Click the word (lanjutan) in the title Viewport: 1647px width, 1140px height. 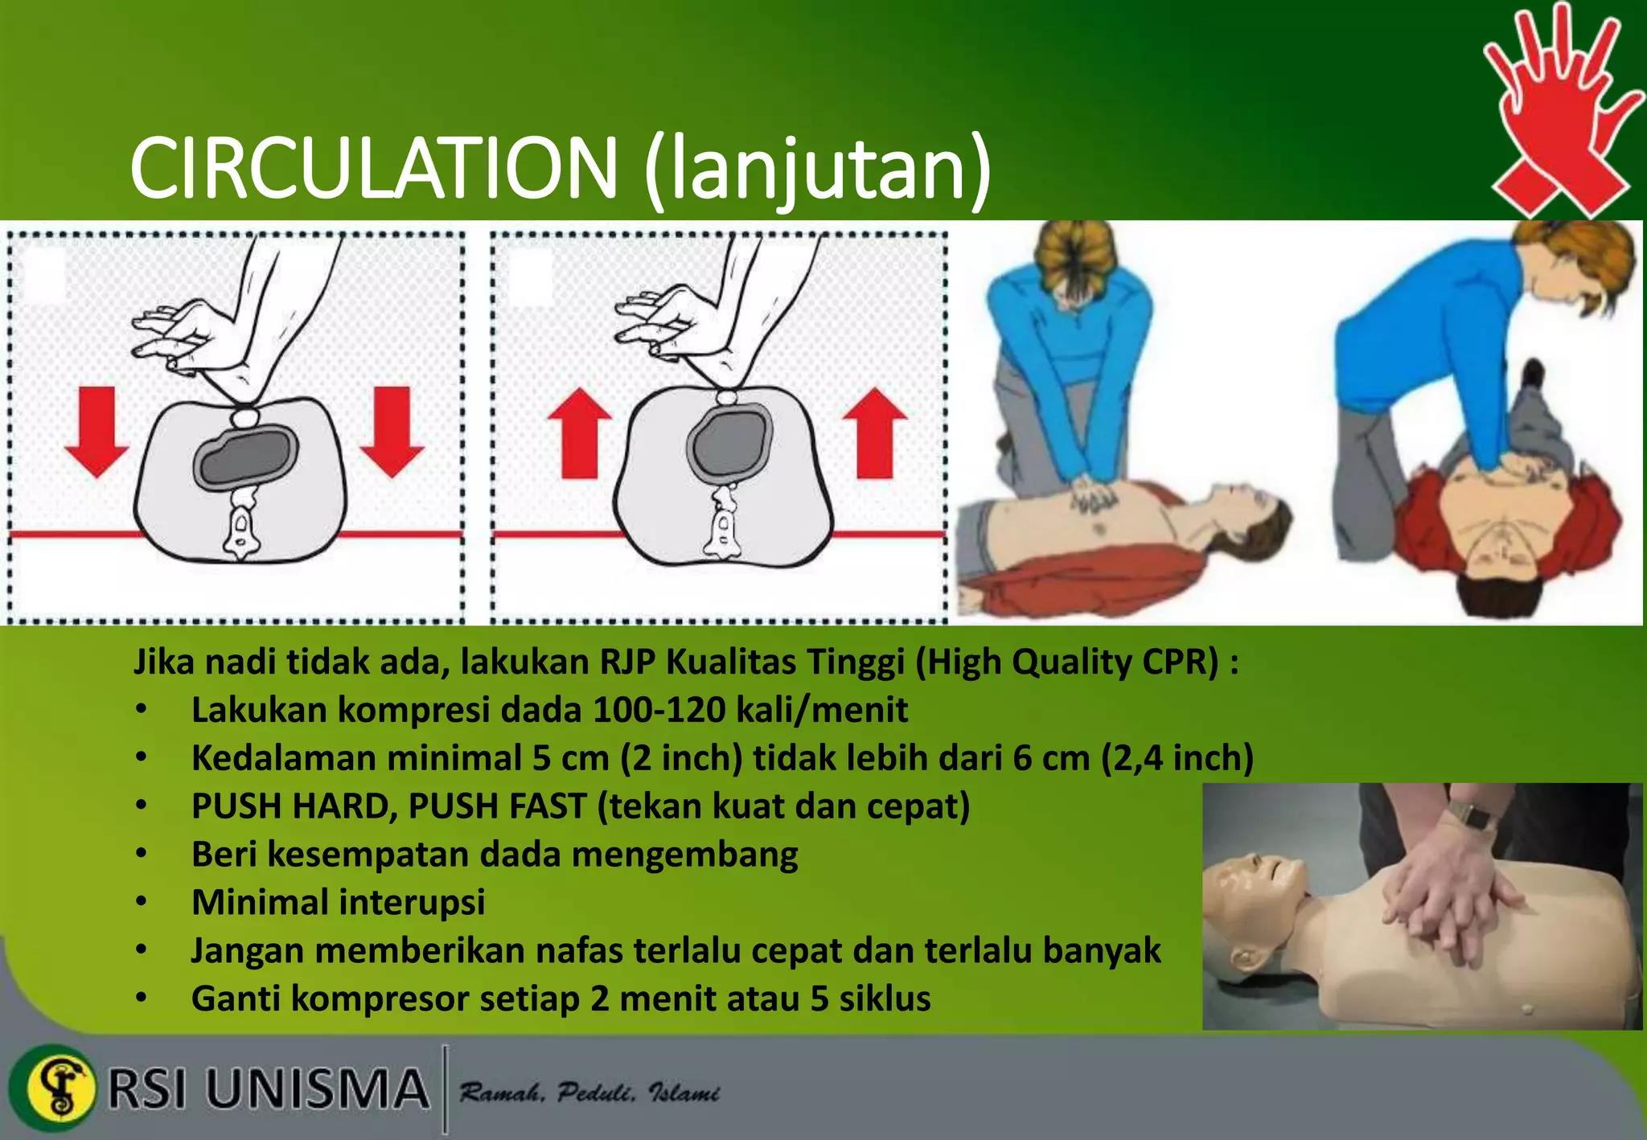pyautogui.click(x=817, y=169)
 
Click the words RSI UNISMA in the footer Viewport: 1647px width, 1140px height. pyautogui.click(x=268, y=1089)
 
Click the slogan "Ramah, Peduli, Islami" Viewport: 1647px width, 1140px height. pyautogui.click(x=589, y=1093)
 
